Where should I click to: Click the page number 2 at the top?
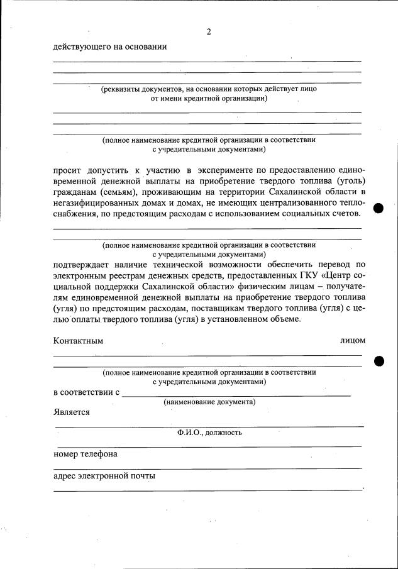(209, 32)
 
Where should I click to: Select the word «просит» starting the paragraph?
(68, 170)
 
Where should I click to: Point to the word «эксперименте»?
(231, 170)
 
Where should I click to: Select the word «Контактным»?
(78, 341)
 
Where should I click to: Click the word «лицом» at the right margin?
(353, 341)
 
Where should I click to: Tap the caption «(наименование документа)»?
(209, 402)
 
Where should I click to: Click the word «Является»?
(72, 412)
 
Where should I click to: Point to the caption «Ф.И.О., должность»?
(209, 433)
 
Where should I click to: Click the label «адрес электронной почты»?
(104, 476)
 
